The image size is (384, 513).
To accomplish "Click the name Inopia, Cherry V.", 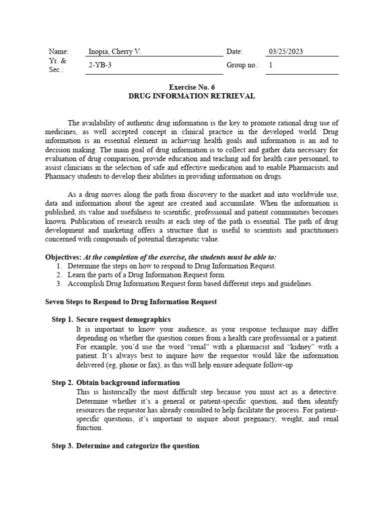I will pyautogui.click(x=115, y=52).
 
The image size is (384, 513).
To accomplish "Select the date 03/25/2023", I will pyautogui.click(x=286, y=52).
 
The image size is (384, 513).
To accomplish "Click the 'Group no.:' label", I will pyautogui.click(x=243, y=65).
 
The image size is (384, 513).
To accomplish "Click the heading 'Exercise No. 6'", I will pyautogui.click(x=191, y=87).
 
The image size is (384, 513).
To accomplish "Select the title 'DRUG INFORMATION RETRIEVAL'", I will pyautogui.click(x=191, y=96).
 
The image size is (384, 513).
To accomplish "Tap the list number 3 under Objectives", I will pyautogui.click(x=58, y=284).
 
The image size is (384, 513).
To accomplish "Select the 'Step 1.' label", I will pyautogui.click(x=62, y=320).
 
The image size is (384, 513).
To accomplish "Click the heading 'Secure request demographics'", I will pyautogui.click(x=123, y=320).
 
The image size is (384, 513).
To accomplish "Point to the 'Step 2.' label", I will pyautogui.click(x=62, y=383).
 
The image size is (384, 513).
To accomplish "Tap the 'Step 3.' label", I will pyautogui.click(x=62, y=446).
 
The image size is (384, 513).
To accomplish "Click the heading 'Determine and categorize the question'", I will pyautogui.click(x=137, y=446).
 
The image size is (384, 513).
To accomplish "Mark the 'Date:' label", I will pyautogui.click(x=234, y=52).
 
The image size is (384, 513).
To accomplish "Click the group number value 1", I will pyautogui.click(x=271, y=65).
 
